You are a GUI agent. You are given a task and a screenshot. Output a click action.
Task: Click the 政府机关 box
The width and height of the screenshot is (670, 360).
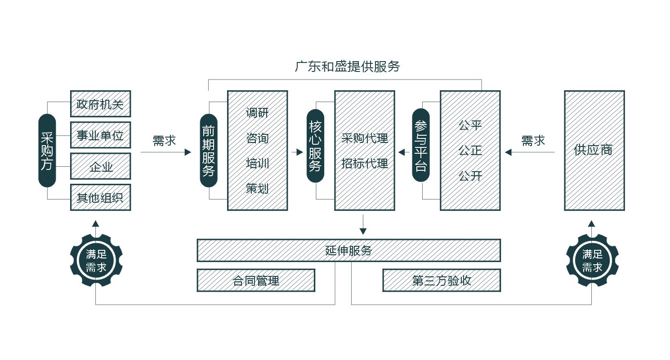[x=100, y=104]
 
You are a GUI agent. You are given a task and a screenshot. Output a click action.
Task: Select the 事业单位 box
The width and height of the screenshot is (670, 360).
[x=100, y=135]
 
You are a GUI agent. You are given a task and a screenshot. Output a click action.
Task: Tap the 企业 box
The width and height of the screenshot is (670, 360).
[x=100, y=166]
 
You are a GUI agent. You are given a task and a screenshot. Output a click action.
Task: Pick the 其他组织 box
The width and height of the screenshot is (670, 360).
[x=100, y=197]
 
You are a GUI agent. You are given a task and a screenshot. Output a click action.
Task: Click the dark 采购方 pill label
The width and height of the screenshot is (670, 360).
[x=47, y=150]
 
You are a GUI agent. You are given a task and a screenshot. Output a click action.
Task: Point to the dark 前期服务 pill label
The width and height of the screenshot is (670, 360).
[x=209, y=150]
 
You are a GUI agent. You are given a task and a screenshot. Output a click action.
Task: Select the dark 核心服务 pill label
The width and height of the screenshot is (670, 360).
[x=315, y=146]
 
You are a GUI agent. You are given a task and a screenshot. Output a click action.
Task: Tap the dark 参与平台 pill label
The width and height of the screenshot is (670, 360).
[x=421, y=146]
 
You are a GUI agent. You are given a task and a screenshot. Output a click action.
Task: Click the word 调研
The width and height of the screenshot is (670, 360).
[x=257, y=113]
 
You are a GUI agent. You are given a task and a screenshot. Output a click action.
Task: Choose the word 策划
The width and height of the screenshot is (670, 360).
[x=257, y=188]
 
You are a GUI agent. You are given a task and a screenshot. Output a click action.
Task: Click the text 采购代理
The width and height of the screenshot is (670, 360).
[x=364, y=138]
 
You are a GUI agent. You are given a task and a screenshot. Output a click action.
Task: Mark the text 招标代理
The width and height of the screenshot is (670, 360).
[x=364, y=164]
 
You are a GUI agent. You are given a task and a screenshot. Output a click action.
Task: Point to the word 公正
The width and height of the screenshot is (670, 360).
[x=470, y=151]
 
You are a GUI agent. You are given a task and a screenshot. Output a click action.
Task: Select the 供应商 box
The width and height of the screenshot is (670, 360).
[x=594, y=150]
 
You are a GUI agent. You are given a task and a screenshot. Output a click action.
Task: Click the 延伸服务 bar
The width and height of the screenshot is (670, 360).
[x=348, y=250]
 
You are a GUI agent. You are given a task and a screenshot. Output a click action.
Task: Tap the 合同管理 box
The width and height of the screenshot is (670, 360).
[x=256, y=280]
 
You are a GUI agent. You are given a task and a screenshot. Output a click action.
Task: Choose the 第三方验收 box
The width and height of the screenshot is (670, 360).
[x=441, y=280]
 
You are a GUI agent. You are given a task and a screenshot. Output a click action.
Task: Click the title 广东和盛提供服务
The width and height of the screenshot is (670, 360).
[x=347, y=67]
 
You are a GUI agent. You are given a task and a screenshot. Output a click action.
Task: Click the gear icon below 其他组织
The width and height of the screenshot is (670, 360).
[x=96, y=260]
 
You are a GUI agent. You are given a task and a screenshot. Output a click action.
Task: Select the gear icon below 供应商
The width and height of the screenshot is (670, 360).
[x=592, y=260]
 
